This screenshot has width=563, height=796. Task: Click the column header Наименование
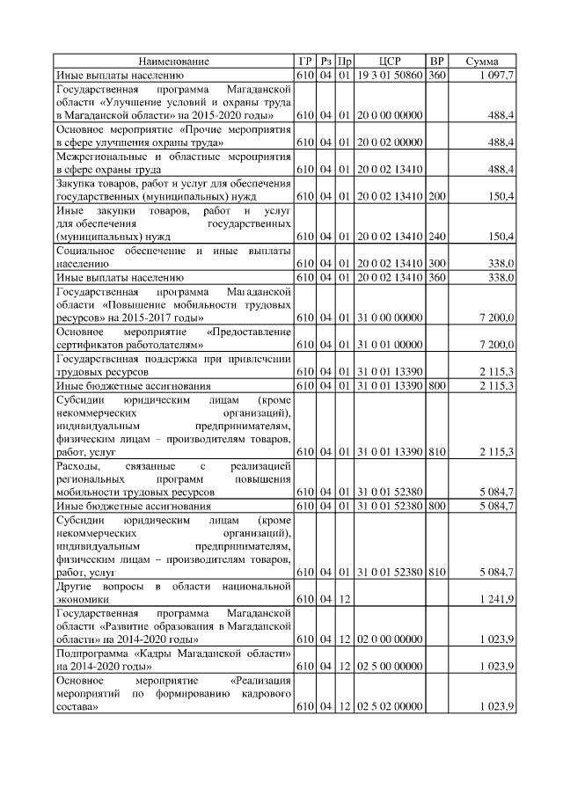click(x=173, y=62)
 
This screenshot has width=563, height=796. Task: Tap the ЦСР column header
click(x=390, y=62)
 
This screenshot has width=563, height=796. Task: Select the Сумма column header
click(x=482, y=62)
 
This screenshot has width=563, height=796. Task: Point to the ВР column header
click(x=436, y=62)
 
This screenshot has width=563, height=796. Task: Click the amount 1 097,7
click(x=497, y=77)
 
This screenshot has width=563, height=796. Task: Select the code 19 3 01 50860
click(x=390, y=77)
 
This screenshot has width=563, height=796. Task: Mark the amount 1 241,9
click(x=497, y=599)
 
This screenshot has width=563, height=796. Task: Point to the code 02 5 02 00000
click(x=390, y=707)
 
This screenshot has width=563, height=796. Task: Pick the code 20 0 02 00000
click(x=390, y=142)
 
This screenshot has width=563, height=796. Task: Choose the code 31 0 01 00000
click(x=390, y=347)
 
